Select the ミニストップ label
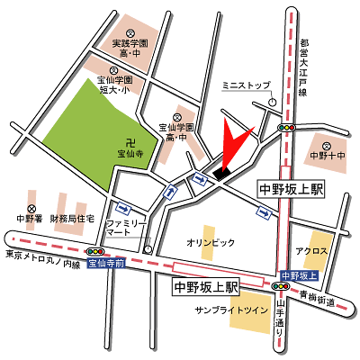(x=246, y=85)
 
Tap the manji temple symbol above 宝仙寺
(x=130, y=141)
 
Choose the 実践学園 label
(x=128, y=43)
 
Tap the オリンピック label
(x=210, y=243)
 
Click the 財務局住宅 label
(x=72, y=219)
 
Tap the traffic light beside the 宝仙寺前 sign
(x=94, y=252)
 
